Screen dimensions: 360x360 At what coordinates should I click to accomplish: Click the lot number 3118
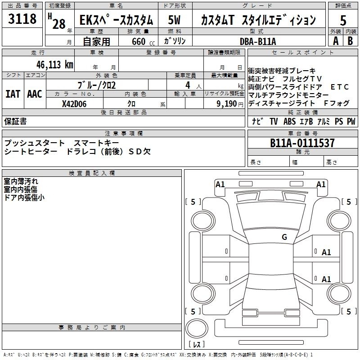pyautogui.click(x=22, y=18)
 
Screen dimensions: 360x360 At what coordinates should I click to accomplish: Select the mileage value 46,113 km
pyautogui.click(x=55, y=65)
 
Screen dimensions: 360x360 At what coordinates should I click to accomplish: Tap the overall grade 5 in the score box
pyautogui.click(x=343, y=20)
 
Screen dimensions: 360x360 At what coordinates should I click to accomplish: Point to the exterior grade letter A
pyautogui.click(x=336, y=41)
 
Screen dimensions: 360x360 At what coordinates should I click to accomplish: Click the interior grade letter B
pyautogui.click(x=350, y=41)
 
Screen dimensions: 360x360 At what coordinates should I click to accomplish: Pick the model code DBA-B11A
pyautogui.click(x=258, y=41)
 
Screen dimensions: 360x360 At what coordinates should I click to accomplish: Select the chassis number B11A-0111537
pyautogui.click(x=302, y=143)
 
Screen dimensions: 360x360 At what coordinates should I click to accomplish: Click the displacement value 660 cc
pyautogui.click(x=143, y=41)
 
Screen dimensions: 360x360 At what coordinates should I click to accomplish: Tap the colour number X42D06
pyautogui.click(x=74, y=104)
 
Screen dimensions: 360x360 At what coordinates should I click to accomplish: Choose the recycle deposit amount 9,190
pyautogui.click(x=227, y=104)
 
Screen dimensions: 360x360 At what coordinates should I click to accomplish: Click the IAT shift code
pyautogui.click(x=13, y=94)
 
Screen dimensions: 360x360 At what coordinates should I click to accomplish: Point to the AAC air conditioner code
pyautogui.click(x=35, y=94)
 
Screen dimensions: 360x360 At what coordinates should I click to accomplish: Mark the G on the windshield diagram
pyautogui.click(x=284, y=237)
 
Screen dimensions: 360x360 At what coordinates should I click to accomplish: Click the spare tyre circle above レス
pyautogui.click(x=197, y=328)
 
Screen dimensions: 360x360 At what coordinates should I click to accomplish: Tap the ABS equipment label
pyautogui.click(x=289, y=121)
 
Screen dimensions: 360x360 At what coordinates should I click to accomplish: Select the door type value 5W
pyautogui.click(x=174, y=20)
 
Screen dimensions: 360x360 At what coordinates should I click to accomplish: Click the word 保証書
pyautogui.click(x=15, y=121)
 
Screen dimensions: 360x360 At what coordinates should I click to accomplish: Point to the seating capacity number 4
pyautogui.click(x=188, y=85)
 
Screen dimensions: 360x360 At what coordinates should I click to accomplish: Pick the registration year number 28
pyautogui.click(x=59, y=24)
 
